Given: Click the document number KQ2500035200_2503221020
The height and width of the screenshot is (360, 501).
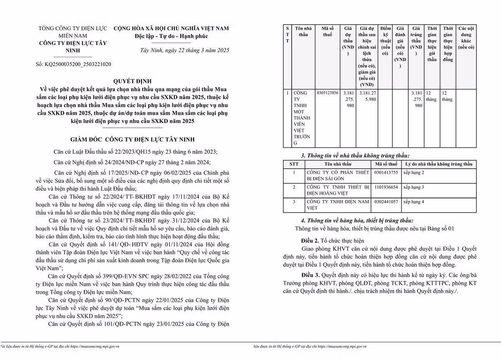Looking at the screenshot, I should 73,65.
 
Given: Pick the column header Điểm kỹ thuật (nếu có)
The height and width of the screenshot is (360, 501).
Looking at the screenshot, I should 386,41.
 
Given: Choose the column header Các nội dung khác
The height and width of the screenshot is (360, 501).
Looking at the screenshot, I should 466,38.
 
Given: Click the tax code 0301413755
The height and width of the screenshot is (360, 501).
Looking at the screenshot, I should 386,172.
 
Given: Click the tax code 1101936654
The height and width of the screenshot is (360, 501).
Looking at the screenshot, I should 386,187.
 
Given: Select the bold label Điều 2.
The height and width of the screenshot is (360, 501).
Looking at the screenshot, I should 310,241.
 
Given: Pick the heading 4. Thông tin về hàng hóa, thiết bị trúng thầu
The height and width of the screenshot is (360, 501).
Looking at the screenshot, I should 357,220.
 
